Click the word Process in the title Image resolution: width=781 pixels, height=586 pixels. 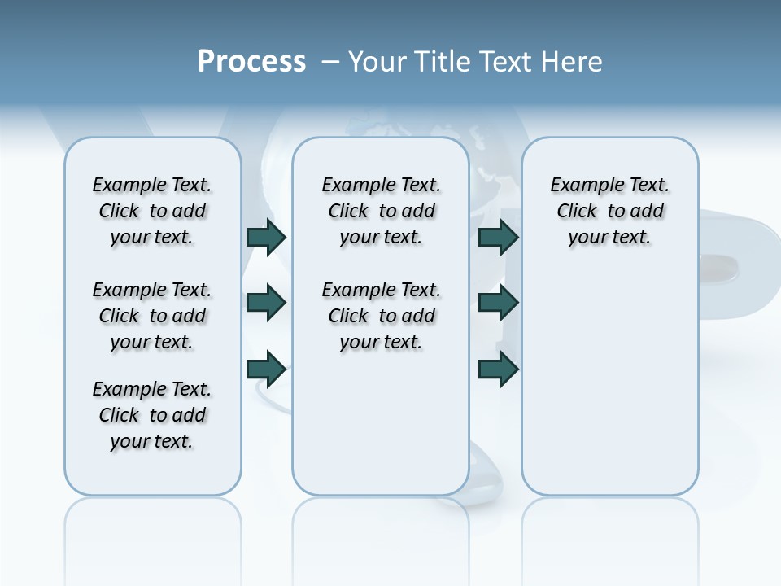tap(251, 61)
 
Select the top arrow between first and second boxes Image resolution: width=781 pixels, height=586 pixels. tap(266, 237)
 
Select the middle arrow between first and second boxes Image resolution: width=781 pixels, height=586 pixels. tap(266, 303)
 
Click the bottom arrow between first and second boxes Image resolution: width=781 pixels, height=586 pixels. tap(266, 369)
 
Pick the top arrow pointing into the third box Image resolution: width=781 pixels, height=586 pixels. tap(498, 237)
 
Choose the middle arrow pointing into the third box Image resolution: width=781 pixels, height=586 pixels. tap(498, 303)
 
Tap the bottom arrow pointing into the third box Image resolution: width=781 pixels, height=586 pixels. tap(498, 369)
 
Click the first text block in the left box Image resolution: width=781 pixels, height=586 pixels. tap(152, 211)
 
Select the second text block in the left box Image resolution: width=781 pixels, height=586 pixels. tap(152, 316)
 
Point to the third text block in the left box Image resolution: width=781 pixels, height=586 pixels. tap(152, 415)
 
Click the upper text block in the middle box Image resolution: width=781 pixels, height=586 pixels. tap(381, 211)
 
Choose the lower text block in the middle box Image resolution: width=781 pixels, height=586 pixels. tap(381, 316)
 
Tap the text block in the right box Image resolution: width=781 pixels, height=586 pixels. tap(609, 211)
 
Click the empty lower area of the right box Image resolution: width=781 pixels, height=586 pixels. tap(609, 391)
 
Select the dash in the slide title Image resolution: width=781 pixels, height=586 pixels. tap(330, 61)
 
